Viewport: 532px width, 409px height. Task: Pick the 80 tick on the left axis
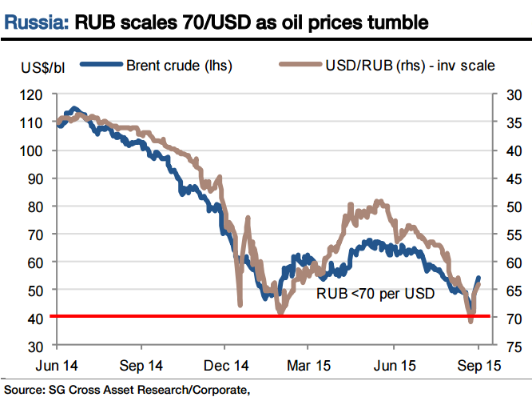click(35, 206)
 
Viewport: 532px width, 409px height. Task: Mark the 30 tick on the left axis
click(35, 346)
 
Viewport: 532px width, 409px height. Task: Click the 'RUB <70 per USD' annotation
click(375, 294)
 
